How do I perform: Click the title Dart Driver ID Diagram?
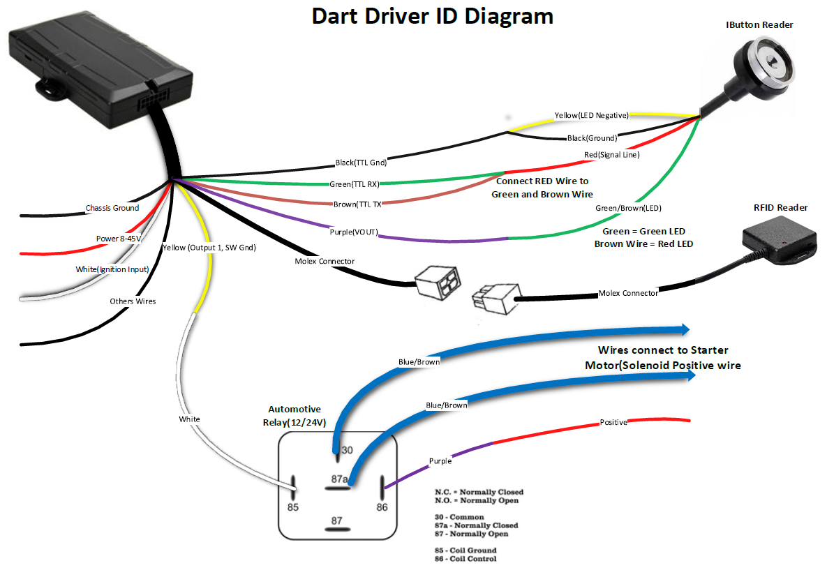coord(432,16)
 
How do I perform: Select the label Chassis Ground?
coord(112,208)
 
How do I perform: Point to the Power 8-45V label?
coord(119,239)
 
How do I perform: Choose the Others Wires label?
coord(133,301)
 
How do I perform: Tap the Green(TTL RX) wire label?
coord(354,185)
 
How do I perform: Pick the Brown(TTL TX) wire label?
coord(357,204)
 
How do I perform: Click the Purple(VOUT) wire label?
coord(352,232)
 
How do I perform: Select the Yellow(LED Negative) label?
coord(591,115)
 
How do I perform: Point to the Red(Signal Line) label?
coord(611,154)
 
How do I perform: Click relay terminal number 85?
coord(292,507)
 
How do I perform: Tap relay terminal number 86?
coord(382,507)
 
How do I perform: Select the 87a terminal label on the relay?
coord(340,479)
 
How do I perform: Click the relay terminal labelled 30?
coord(347,451)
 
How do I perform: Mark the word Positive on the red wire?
coord(613,423)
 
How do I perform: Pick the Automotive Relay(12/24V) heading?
coord(295,416)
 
